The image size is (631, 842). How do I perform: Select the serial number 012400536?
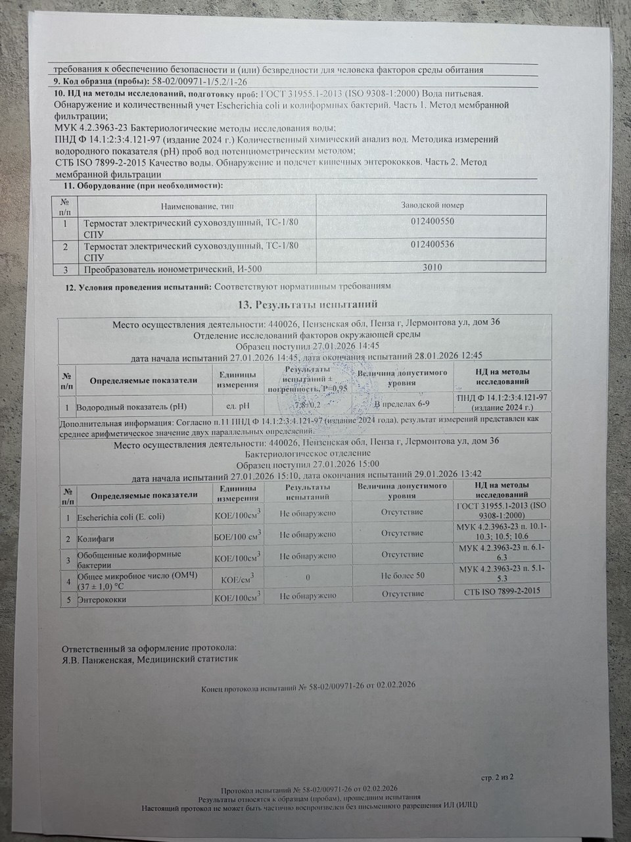tap(432, 245)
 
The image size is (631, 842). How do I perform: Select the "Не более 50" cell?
tap(403, 576)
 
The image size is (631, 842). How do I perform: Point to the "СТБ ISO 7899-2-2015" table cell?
tap(498, 592)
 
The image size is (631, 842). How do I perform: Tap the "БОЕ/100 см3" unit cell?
tap(237, 537)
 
